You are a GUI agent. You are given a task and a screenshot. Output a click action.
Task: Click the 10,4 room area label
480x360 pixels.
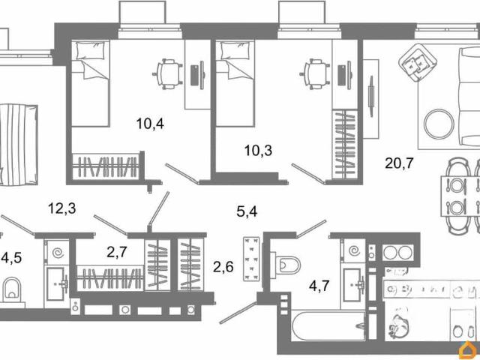pyautogui.click(x=150, y=124)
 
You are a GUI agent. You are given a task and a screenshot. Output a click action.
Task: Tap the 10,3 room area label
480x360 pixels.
pyautogui.click(x=258, y=151)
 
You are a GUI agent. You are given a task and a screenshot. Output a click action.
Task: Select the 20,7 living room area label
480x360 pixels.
pyautogui.click(x=399, y=163)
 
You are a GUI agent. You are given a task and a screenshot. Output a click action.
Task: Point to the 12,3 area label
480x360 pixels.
pyautogui.click(x=61, y=208)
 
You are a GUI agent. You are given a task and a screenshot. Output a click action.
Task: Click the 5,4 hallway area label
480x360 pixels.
pyautogui.click(x=247, y=211)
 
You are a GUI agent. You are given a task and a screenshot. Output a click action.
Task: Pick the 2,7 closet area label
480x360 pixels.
pyautogui.click(x=117, y=252)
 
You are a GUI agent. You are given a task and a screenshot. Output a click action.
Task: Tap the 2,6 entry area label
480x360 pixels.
pyautogui.click(x=223, y=267)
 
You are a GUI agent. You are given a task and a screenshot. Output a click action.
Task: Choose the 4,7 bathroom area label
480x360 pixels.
pyautogui.click(x=319, y=286)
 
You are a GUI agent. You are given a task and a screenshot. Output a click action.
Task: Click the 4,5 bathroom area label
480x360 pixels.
pyautogui.click(x=11, y=258)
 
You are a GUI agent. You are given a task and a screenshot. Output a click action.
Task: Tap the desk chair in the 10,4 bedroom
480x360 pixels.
pyautogui.click(x=167, y=74)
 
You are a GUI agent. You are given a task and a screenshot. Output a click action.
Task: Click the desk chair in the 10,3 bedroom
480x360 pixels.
pyautogui.click(x=315, y=74)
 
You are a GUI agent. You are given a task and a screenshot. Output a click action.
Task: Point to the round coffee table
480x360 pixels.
pyautogui.click(x=439, y=124)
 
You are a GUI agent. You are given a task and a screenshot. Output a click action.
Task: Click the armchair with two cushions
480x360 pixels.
pyautogui.click(x=415, y=62)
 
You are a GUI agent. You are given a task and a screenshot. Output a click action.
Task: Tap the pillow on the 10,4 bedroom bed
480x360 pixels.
pyautogui.click(x=90, y=50)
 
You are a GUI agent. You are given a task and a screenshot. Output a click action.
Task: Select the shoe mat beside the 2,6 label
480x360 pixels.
pyautogui.click(x=251, y=259)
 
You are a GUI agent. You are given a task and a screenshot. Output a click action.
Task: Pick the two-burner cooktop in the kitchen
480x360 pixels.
pyautogui.click(x=398, y=253)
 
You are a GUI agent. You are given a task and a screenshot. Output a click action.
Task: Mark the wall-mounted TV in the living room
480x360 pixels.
pyautogui.click(x=371, y=96)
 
